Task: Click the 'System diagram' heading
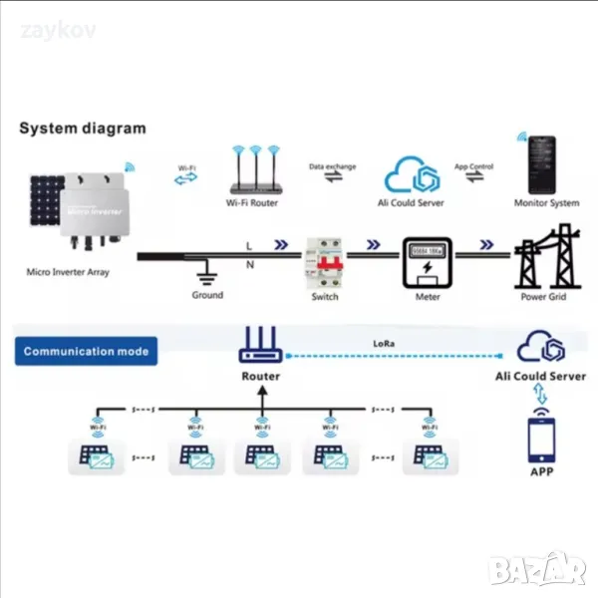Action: [x=84, y=128]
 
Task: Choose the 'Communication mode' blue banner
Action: [x=86, y=351]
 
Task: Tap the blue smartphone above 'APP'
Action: [x=541, y=437]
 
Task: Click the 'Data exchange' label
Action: [x=332, y=166]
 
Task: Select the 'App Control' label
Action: [x=475, y=166]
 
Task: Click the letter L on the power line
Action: [x=248, y=243]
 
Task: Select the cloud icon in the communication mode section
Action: [x=541, y=348]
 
